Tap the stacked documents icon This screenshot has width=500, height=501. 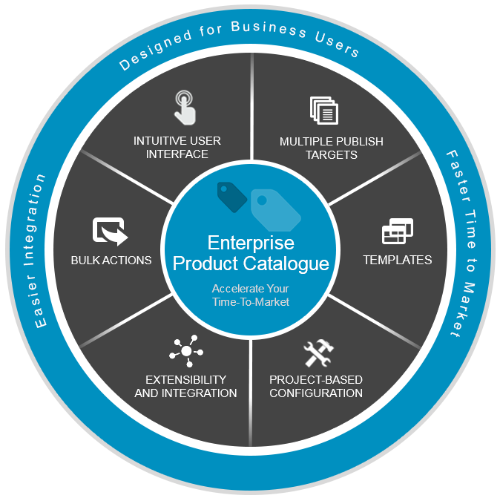tap(324, 111)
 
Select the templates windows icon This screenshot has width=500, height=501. tap(398, 232)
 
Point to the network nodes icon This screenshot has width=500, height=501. tap(185, 351)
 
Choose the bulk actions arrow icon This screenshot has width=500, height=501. tap(110, 231)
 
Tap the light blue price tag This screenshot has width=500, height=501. tap(274, 208)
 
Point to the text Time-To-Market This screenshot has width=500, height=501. tap(250, 302)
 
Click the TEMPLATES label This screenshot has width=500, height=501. tap(397, 261)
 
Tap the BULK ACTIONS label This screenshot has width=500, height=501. tap(111, 261)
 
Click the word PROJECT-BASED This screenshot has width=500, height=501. tap(316, 379)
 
